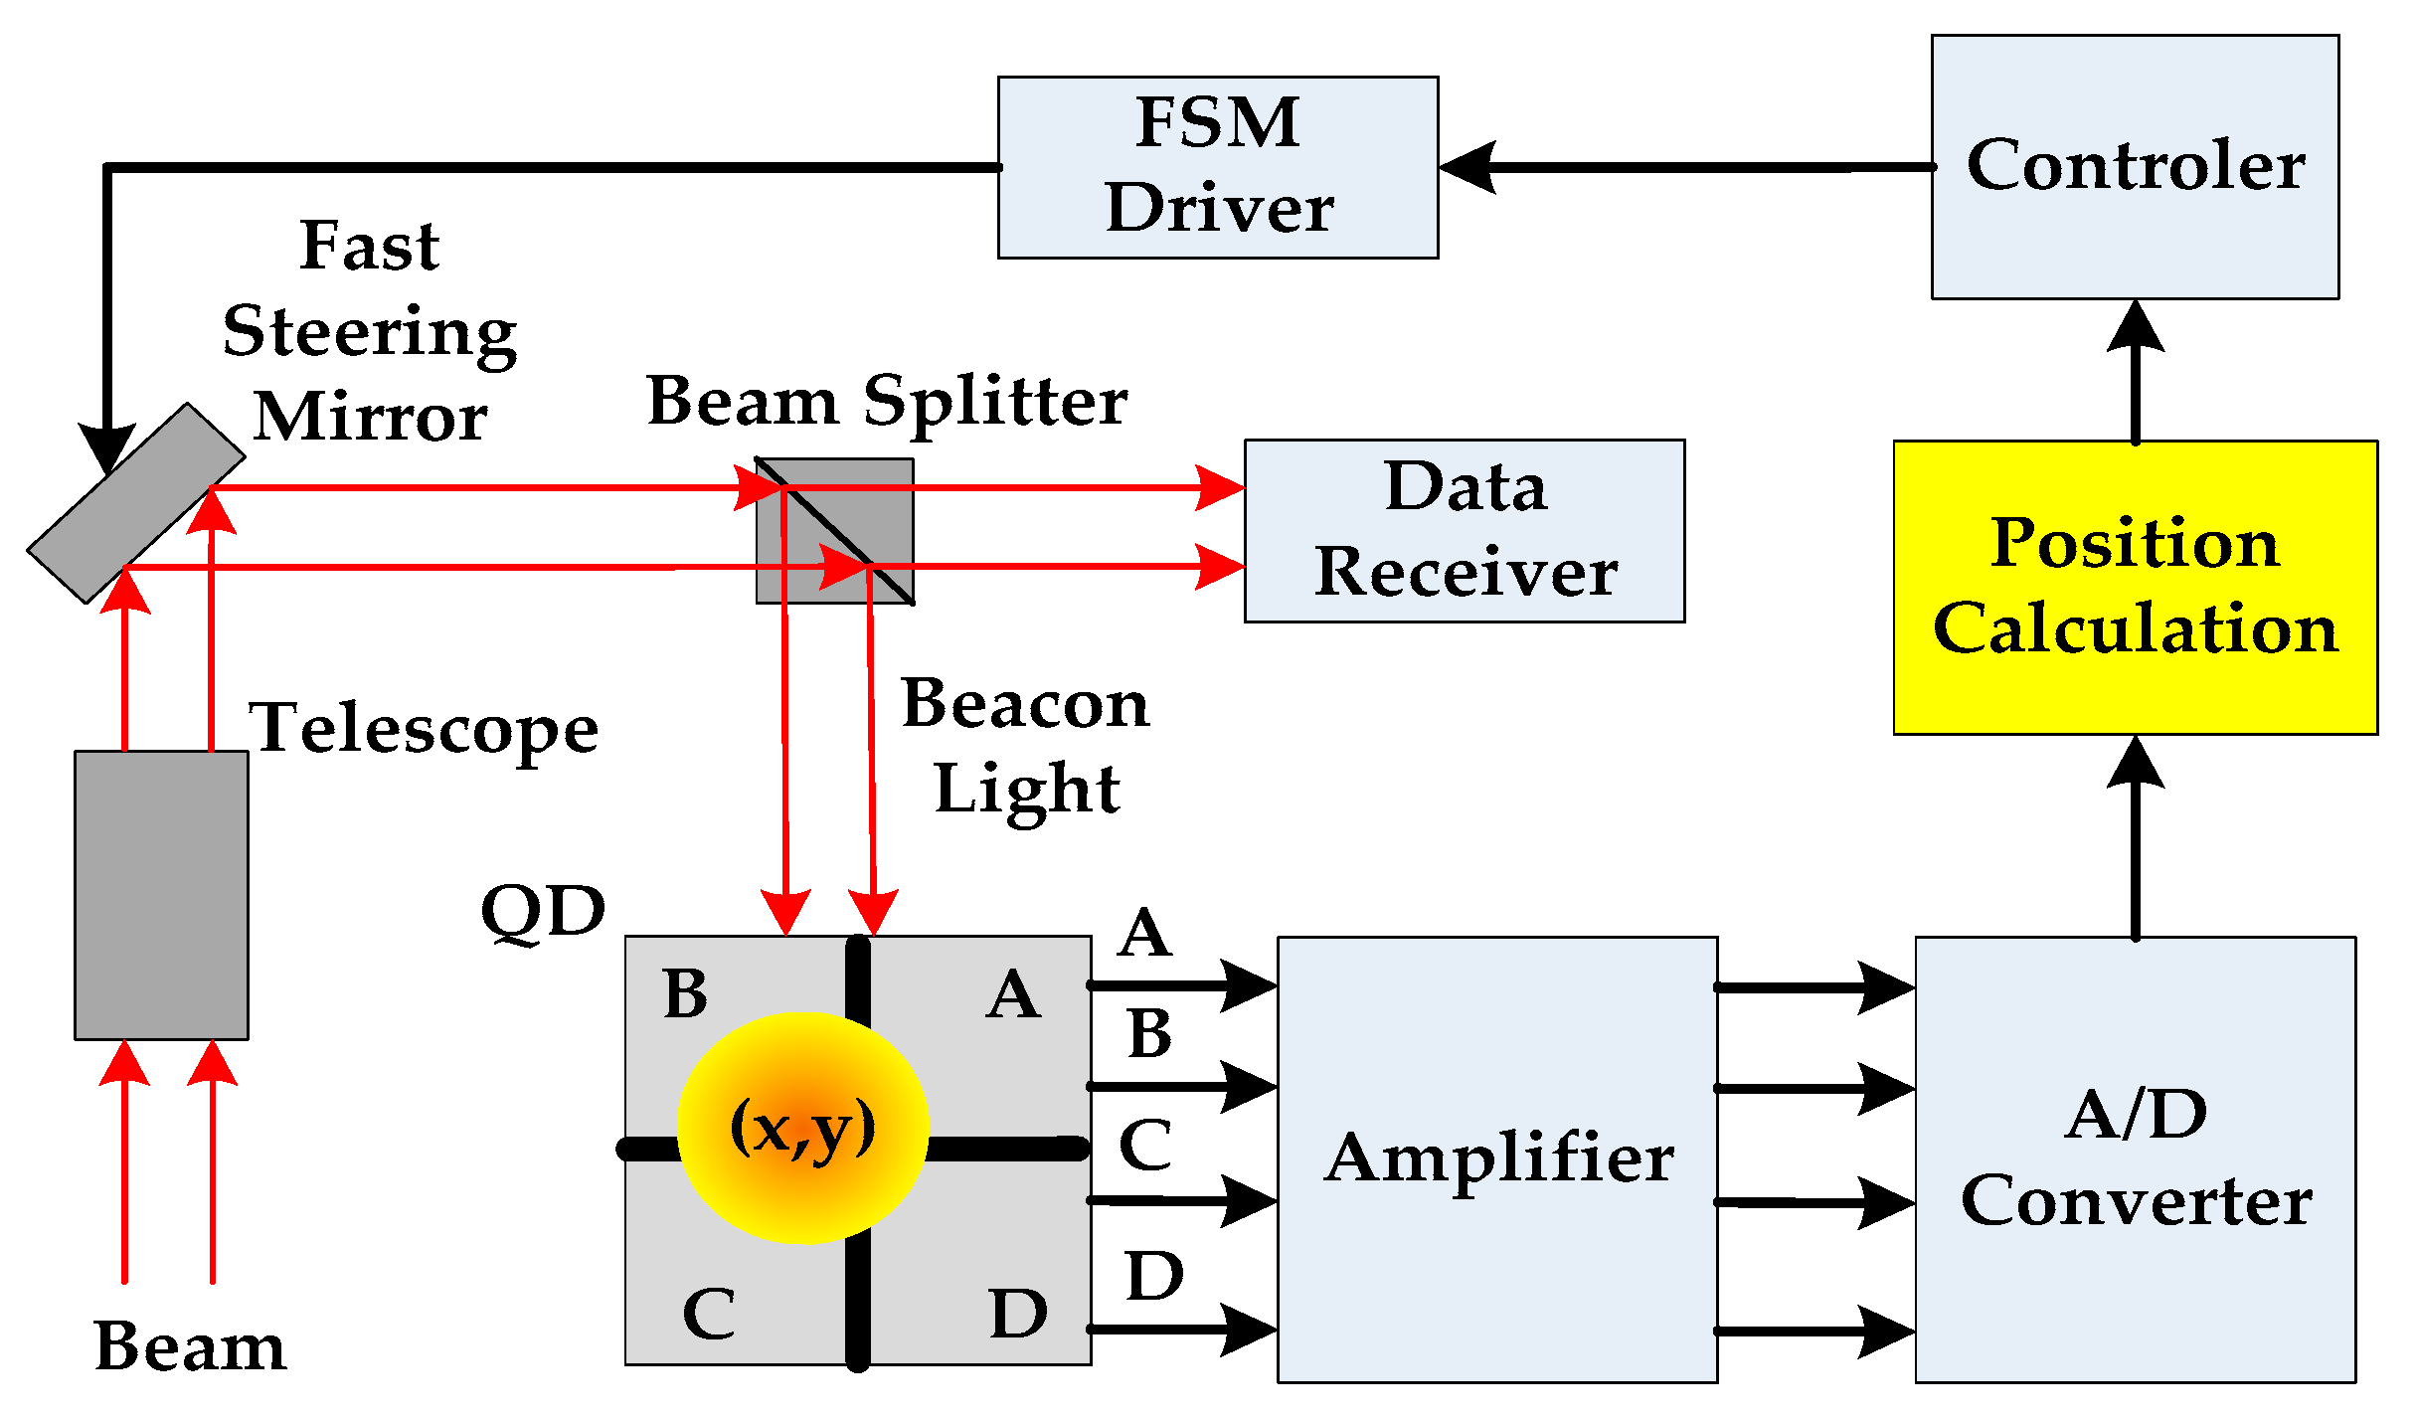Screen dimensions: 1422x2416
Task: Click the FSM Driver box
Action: pos(1217,167)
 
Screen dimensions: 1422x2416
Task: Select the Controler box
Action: pos(2134,167)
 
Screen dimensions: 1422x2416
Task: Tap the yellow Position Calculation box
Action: pos(2134,587)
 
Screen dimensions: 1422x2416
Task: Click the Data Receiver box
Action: pos(1464,530)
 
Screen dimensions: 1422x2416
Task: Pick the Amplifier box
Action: pos(1496,1158)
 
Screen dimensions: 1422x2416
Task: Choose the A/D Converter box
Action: pos(2134,1158)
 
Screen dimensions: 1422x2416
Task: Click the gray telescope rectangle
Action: pos(161,894)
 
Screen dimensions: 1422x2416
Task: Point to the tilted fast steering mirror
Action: pos(135,502)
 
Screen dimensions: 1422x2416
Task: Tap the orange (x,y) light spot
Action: pos(802,1127)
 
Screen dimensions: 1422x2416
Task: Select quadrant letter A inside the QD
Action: pos(1012,994)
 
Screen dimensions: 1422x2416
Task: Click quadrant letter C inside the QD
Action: pos(709,1313)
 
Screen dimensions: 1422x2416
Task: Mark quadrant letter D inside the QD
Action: pos(1018,1313)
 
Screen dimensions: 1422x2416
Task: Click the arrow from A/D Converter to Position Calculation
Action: pos(2135,835)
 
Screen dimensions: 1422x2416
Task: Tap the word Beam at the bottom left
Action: pos(189,1346)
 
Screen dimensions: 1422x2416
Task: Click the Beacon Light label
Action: pos(1025,746)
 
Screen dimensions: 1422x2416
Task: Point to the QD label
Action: pos(543,911)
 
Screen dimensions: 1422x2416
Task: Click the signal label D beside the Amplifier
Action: pos(1153,1276)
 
